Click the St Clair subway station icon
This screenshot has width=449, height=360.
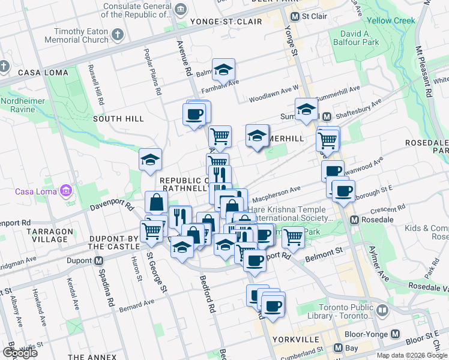[295, 16]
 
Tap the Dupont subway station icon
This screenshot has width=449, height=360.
[98, 261]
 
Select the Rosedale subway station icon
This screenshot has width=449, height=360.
[355, 220]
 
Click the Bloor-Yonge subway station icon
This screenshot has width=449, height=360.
[395, 334]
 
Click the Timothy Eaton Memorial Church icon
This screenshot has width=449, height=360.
[117, 34]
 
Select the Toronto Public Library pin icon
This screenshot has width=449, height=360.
[382, 310]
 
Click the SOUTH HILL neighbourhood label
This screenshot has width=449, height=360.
[118, 119]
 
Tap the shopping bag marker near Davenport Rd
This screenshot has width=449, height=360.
[156, 202]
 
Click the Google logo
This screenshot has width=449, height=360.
[20, 353]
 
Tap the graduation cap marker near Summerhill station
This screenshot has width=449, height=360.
[306, 110]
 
